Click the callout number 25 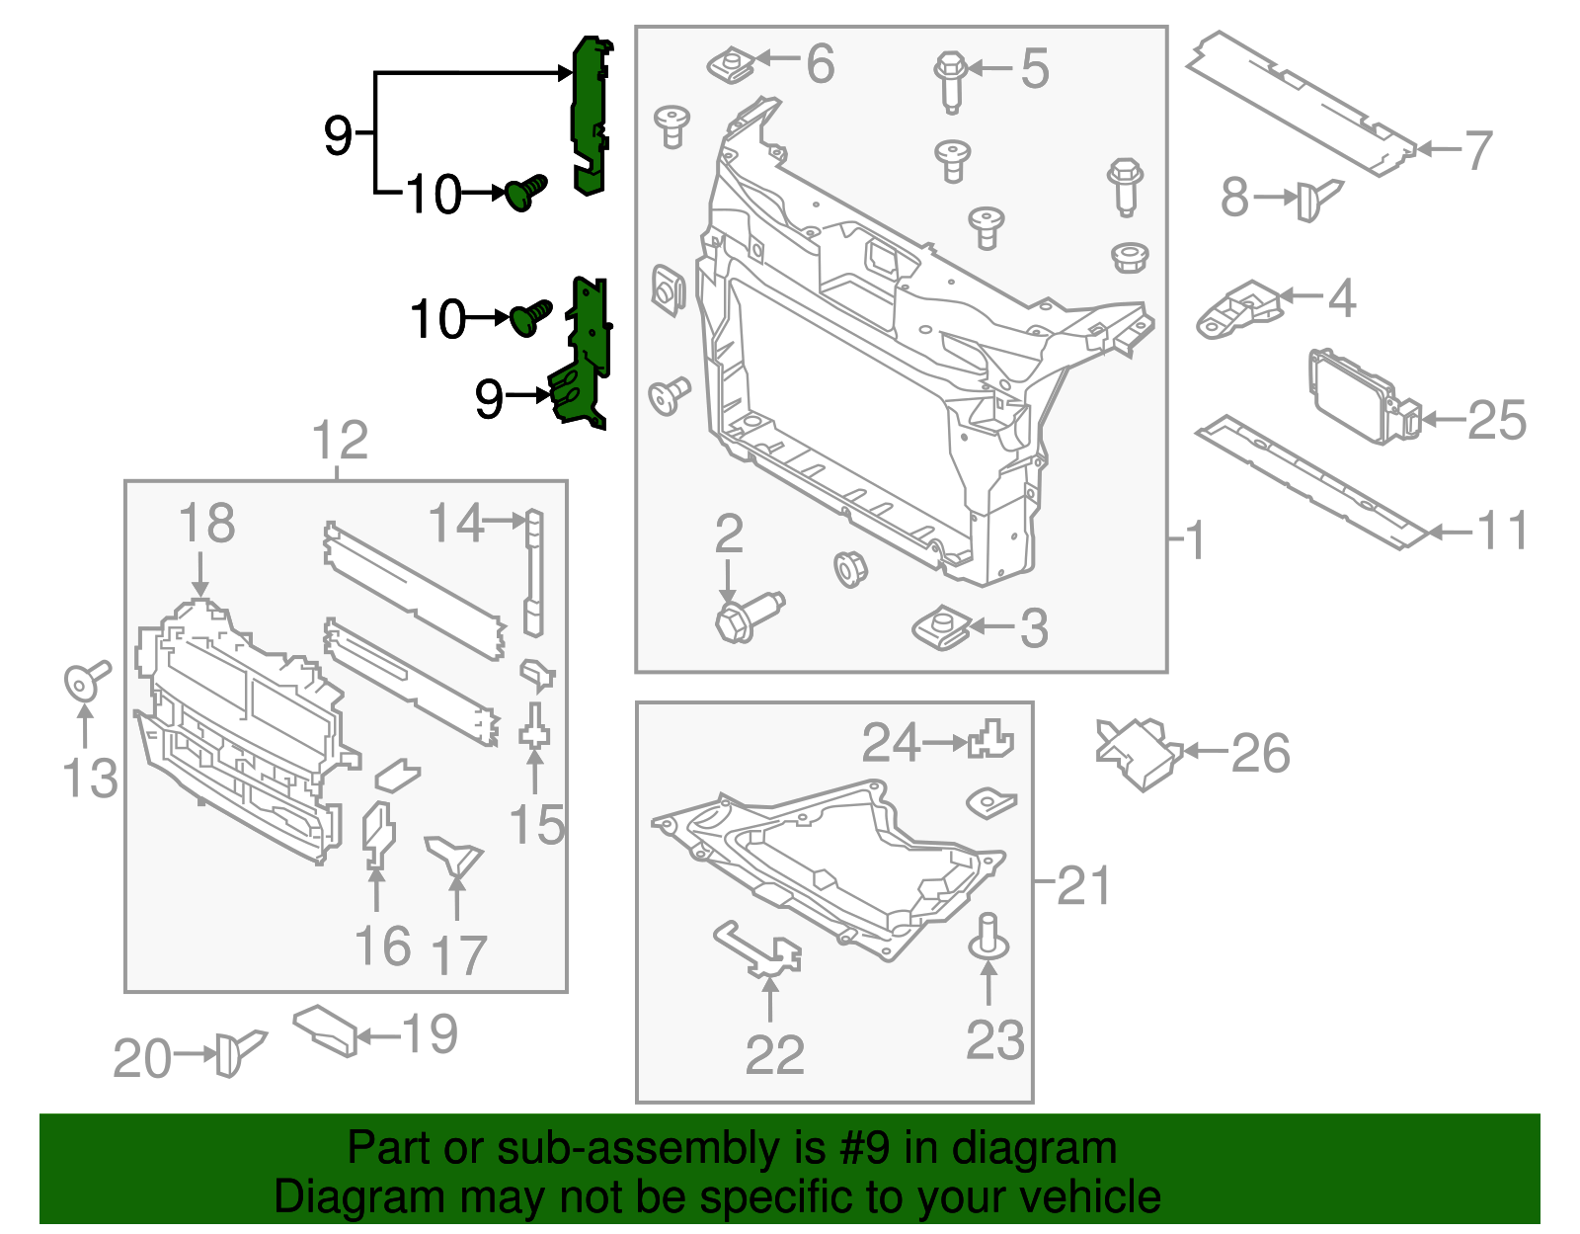(1497, 420)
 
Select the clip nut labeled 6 (732, 66)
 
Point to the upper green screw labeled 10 (525, 191)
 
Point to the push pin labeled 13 (84, 679)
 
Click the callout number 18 (206, 524)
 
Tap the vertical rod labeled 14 (533, 572)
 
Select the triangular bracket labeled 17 (454, 855)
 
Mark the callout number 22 (774, 1054)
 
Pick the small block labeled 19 (325, 1028)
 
